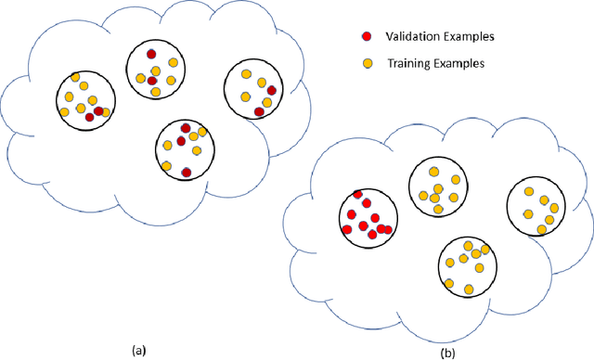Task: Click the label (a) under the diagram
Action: [x=139, y=350]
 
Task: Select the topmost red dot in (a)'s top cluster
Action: [x=150, y=55]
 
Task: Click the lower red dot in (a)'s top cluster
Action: [x=152, y=81]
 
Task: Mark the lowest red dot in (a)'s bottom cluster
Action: [x=187, y=172]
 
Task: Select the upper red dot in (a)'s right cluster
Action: [x=272, y=91]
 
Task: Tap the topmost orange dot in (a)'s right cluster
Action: [x=246, y=73]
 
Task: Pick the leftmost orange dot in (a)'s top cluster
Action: [x=140, y=77]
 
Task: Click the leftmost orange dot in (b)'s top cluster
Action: [x=423, y=196]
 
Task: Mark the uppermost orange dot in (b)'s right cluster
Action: [x=528, y=192]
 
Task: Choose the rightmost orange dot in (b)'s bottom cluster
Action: [x=485, y=250]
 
